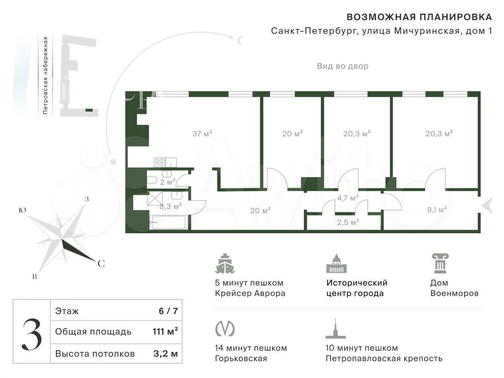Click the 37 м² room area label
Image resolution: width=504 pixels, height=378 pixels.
point(202,133)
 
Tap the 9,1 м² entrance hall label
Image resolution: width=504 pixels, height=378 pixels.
point(437,210)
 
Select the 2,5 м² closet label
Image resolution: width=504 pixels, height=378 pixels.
point(348,222)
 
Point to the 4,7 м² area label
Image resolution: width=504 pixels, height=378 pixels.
point(348,198)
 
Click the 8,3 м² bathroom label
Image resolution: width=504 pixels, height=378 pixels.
point(171,206)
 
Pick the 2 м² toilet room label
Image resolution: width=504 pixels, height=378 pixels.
point(168,182)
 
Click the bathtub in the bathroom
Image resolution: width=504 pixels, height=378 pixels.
point(168,222)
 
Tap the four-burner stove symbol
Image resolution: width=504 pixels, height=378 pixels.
point(159,162)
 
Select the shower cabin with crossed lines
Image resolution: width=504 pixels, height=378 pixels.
point(155,198)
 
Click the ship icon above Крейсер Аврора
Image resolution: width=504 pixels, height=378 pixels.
point(225,263)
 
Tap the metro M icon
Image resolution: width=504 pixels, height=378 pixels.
point(225,328)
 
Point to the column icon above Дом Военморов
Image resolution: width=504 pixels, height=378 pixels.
point(440,263)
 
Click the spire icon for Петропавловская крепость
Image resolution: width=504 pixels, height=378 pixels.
point(336,328)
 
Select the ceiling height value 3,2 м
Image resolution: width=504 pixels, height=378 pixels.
point(165,354)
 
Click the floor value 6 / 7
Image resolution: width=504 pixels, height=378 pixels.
point(168,311)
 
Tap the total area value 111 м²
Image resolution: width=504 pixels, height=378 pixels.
point(165,331)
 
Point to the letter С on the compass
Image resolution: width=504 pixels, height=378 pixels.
point(101,263)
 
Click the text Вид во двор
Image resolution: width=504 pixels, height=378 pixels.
point(343,66)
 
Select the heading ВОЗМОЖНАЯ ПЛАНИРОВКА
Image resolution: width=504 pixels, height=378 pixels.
point(419,17)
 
